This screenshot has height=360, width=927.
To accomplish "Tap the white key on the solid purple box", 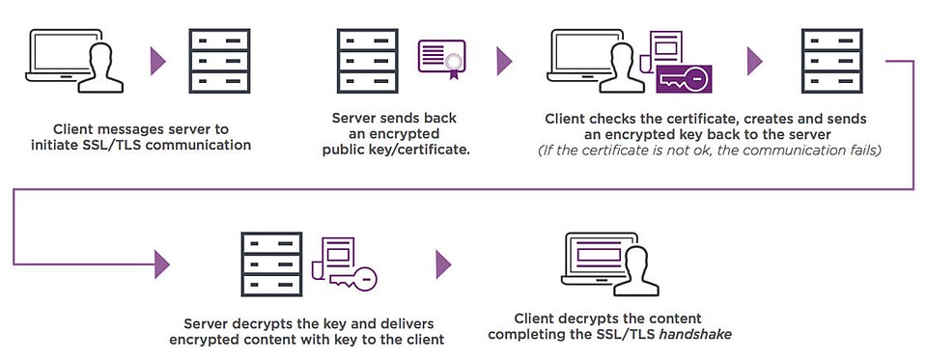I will (x=683, y=81).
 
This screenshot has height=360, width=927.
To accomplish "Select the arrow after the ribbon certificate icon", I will (x=503, y=61).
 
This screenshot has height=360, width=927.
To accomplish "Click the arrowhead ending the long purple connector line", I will (x=161, y=263).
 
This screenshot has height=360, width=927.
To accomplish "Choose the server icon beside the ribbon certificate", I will (x=364, y=61).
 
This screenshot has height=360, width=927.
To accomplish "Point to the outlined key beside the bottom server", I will (x=352, y=280).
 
